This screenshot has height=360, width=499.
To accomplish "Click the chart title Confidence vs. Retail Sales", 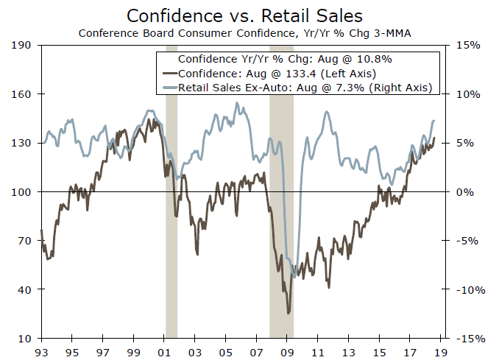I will click(249, 15).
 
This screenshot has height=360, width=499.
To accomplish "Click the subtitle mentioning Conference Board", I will click(249, 32).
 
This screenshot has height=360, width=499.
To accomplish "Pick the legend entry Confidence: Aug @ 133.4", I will click(277, 73).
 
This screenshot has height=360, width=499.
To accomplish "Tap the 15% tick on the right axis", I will click(470, 46).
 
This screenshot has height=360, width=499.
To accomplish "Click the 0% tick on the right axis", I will click(473, 192).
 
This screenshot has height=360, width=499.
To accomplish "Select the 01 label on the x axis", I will click(166, 352).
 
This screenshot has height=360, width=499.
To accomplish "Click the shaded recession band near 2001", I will click(171, 221).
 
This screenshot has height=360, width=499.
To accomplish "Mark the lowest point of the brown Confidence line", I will click(289, 314).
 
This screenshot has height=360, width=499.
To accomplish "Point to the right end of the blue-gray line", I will click(434, 121).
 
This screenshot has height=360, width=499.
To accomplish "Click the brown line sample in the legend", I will click(169, 73).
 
